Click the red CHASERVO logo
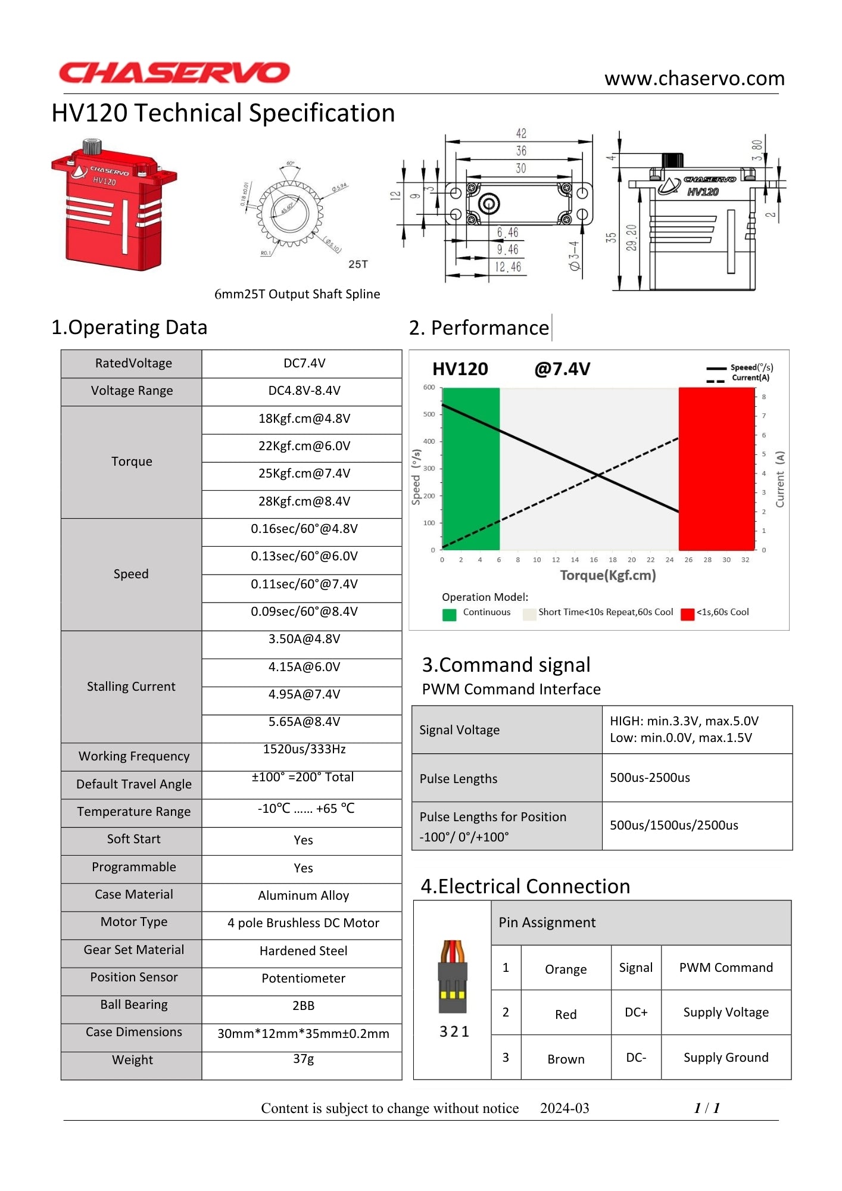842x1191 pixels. click(174, 73)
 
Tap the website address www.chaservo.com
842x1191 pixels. click(694, 79)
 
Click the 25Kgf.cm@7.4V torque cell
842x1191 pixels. click(304, 473)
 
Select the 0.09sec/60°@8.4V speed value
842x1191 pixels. click(304, 612)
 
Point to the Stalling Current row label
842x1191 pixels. click(131, 687)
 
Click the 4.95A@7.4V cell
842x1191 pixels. click(304, 694)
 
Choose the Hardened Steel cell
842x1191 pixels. click(303, 951)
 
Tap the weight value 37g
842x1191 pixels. click(303, 1059)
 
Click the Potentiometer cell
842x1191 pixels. click(303, 978)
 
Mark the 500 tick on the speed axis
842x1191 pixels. click(429, 414)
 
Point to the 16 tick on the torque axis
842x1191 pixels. click(594, 560)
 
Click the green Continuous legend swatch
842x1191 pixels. click(450, 615)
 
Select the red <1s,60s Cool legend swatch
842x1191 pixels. click(687, 615)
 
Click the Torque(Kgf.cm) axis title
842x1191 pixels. click(607, 575)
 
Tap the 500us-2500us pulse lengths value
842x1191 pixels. click(650, 778)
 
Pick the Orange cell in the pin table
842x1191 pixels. click(566, 969)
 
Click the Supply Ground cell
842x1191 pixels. click(726, 1058)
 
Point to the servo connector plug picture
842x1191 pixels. click(453, 977)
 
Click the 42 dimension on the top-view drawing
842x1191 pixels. click(521, 133)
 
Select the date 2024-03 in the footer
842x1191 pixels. click(565, 1108)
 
